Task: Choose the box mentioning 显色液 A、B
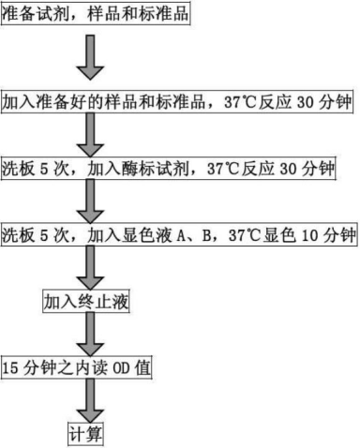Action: (179, 234)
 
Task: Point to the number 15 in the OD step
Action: (11, 366)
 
